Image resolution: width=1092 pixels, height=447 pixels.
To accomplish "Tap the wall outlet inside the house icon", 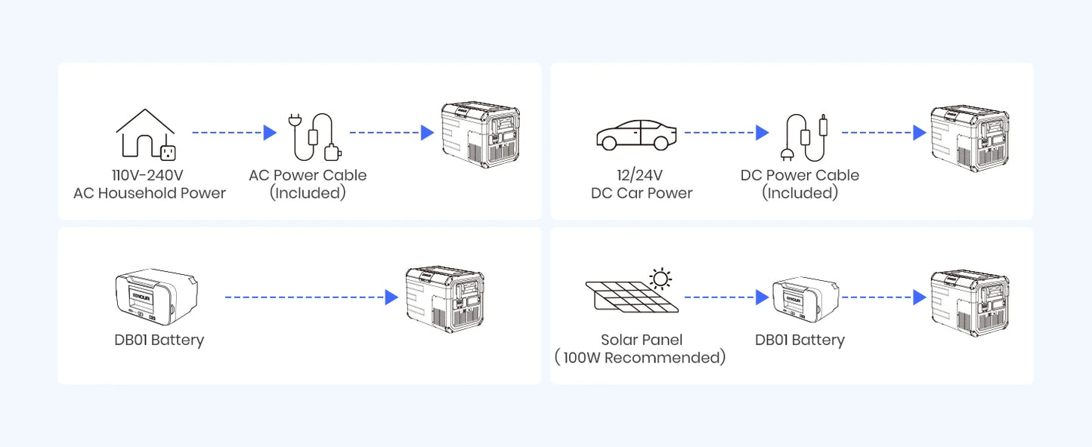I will coord(168,152).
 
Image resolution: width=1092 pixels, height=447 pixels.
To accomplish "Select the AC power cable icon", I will coord(311,137).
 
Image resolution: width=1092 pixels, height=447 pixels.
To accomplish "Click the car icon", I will coord(633,134).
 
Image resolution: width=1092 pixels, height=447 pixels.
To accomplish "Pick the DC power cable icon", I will coord(806,137).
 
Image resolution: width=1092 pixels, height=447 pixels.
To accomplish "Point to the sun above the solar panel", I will coord(661,279).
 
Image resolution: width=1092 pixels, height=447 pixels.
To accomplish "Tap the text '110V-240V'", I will coord(149,175).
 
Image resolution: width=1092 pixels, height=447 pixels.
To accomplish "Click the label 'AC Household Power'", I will coord(149,193).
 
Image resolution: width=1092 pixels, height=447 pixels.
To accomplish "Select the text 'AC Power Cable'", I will coord(308,175).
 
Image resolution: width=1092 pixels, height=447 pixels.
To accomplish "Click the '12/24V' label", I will coord(642,175).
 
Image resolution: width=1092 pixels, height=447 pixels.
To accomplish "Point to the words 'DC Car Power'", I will coord(642,193).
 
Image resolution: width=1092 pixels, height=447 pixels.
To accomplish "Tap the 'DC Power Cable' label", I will coord(800,175).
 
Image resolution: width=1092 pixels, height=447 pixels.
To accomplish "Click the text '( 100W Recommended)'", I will coord(640,358).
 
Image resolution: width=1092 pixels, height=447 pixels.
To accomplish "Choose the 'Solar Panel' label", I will coord(642,340).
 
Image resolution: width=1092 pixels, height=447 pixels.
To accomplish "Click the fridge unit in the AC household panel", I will coord(480,133).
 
